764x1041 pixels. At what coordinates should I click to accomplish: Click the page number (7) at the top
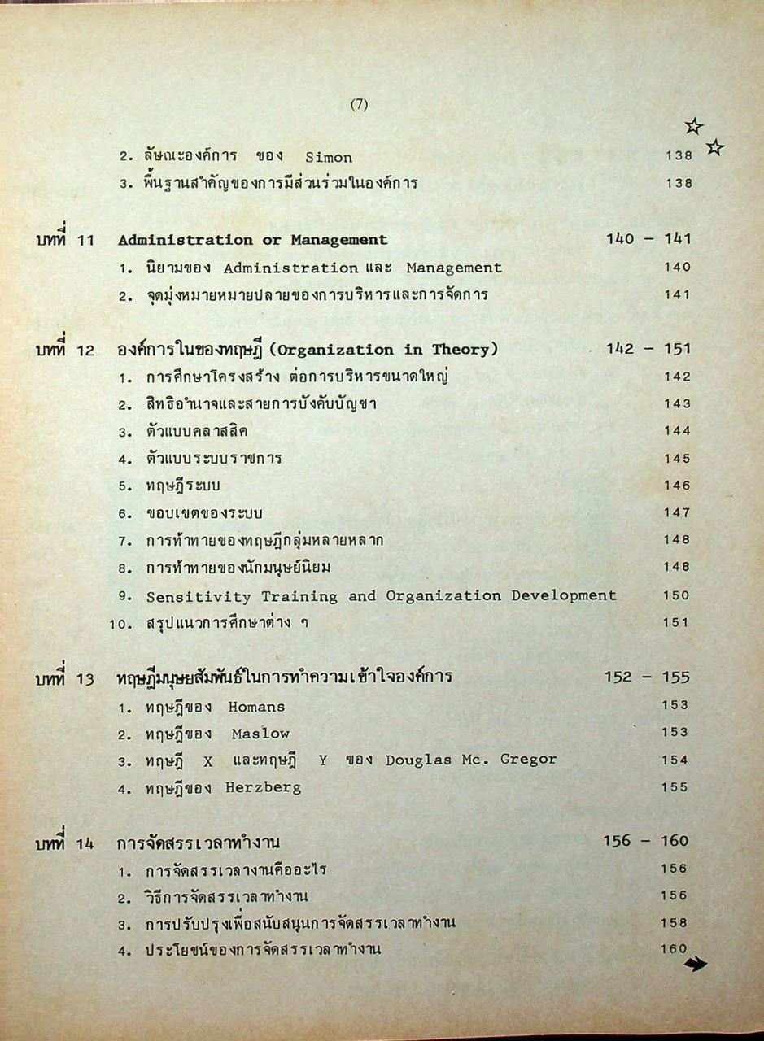click(360, 104)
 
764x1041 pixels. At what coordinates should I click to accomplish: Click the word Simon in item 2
click(329, 156)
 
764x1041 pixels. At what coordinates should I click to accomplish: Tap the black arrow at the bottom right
click(696, 965)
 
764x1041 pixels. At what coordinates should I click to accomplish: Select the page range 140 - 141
click(648, 239)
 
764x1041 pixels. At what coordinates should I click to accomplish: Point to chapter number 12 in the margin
click(88, 350)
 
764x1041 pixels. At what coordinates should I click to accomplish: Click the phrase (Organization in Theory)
click(383, 350)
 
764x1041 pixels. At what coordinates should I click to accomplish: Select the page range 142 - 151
click(648, 349)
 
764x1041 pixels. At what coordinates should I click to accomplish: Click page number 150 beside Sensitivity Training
click(676, 595)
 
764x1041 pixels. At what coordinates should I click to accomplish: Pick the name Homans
click(256, 707)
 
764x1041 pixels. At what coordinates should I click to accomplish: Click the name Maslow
click(260, 734)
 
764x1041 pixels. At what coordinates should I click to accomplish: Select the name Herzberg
click(264, 787)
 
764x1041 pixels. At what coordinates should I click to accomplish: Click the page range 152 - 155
click(647, 677)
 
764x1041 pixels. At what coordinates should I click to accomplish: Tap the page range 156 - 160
click(646, 841)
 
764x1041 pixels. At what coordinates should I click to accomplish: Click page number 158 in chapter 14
click(675, 922)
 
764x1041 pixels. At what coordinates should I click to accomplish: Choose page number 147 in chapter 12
click(676, 512)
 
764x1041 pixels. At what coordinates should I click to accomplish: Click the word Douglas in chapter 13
click(417, 760)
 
